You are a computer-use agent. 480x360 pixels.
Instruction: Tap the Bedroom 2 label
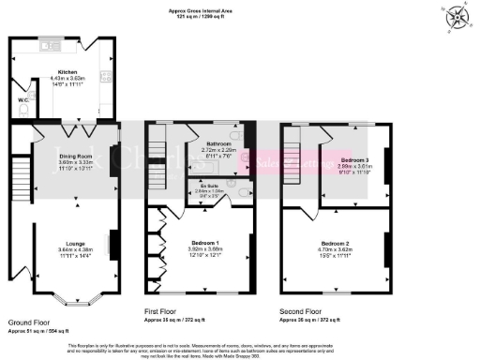[335, 242]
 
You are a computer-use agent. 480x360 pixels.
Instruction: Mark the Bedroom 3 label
[355, 160]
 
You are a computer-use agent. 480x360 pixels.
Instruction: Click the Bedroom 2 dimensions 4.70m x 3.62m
[335, 248]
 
